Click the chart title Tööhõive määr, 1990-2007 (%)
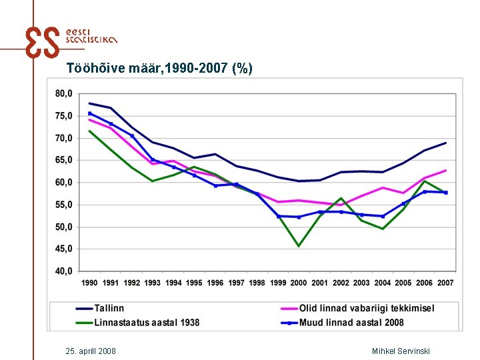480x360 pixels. (159, 68)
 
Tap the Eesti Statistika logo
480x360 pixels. (70, 43)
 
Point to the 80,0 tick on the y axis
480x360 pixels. (64, 94)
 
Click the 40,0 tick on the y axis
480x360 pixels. (64, 271)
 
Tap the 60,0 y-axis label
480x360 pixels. (64, 183)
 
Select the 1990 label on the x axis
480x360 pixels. (90, 283)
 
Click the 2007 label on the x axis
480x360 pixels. (445, 283)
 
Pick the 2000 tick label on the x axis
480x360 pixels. (299, 283)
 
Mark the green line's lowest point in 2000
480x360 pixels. (299, 246)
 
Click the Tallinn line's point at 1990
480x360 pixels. (90, 103)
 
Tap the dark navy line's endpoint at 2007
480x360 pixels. (445, 143)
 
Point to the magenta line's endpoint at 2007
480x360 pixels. (445, 171)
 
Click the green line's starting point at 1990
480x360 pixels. (90, 131)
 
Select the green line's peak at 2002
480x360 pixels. (341, 198)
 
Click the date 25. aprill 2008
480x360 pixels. (91, 351)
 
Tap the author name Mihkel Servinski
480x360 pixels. (401, 351)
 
